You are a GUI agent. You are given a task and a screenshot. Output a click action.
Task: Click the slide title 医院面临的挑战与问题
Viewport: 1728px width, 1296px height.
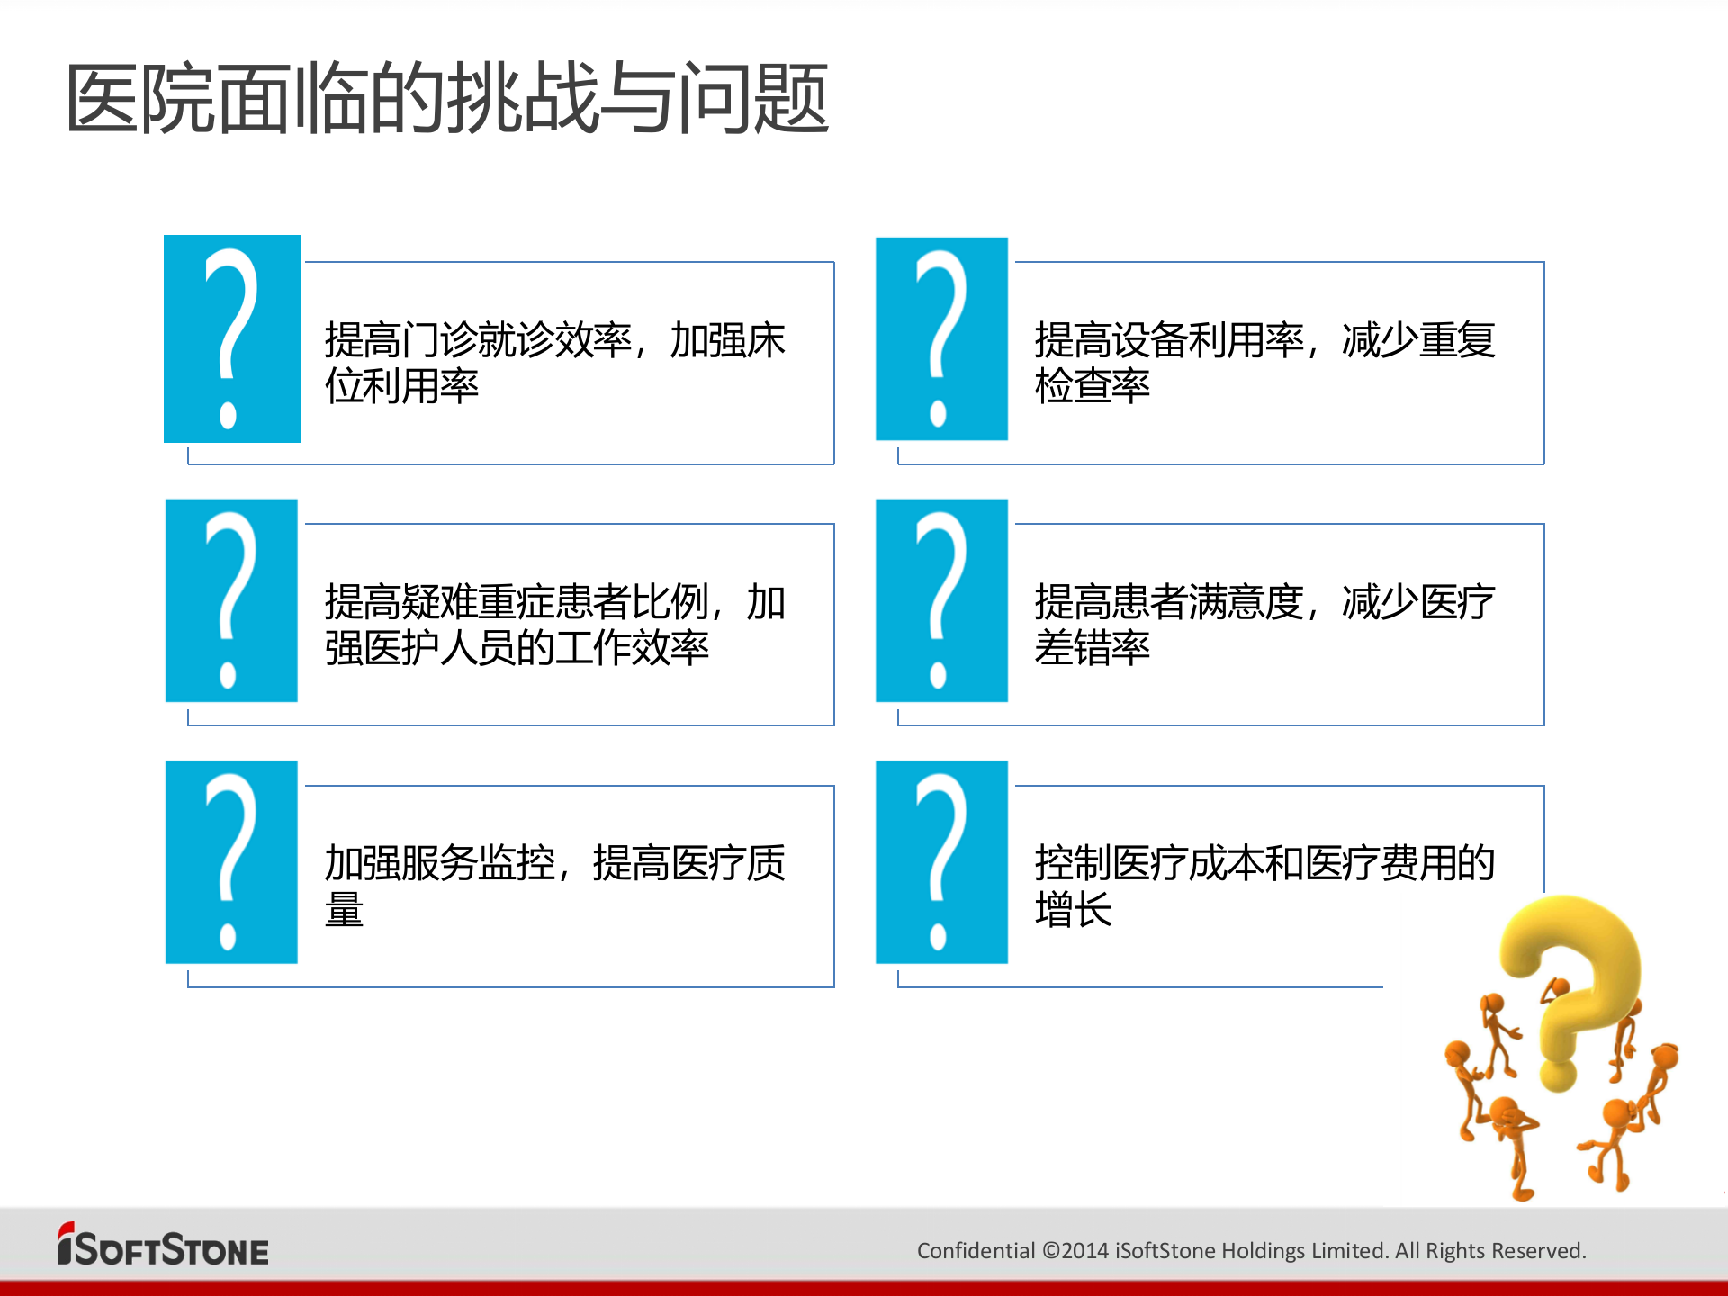(447, 98)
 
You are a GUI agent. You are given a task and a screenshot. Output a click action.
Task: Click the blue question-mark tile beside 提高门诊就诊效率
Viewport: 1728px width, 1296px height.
(232, 338)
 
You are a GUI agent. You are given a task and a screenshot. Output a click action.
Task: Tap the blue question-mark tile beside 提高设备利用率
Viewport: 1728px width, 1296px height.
(941, 338)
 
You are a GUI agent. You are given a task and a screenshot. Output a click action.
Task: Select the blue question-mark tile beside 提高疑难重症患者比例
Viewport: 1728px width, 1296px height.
(231, 600)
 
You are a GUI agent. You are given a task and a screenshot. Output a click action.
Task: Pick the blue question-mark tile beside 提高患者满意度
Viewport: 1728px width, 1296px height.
(941, 600)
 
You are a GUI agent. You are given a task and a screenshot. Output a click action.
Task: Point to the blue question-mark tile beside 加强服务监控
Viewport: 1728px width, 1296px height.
(231, 862)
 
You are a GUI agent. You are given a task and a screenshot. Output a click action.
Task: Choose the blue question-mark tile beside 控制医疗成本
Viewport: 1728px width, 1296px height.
(941, 862)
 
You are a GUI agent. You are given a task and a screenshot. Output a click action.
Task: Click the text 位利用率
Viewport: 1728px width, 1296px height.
(401, 387)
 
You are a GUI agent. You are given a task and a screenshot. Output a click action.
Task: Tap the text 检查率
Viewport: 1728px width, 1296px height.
(1092, 387)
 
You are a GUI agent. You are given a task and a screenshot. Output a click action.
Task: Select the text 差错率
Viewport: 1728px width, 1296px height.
(1092, 648)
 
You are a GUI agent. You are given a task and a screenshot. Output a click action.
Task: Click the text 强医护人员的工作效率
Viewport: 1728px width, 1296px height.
(517, 648)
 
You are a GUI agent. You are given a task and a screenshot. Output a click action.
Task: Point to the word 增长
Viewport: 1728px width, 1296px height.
(1073, 910)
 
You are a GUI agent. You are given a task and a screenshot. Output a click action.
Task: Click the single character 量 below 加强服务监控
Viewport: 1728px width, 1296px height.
(344, 910)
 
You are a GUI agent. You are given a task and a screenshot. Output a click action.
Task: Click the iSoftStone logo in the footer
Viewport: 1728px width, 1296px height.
(164, 1247)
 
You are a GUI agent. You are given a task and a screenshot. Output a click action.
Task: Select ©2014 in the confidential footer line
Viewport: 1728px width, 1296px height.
(1075, 1251)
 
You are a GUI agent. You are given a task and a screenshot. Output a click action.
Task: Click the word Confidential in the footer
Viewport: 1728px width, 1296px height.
(976, 1251)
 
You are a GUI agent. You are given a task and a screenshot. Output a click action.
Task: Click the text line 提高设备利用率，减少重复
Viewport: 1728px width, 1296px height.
(1264, 340)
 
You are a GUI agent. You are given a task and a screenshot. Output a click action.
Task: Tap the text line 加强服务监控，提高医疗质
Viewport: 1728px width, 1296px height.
(554, 863)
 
